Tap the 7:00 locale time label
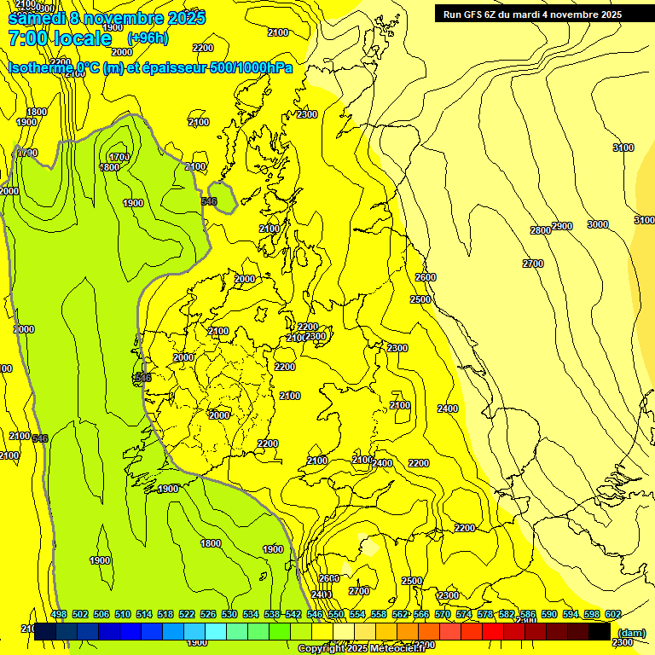pyautogui.click(x=60, y=38)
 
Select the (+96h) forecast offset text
pyautogui.click(x=148, y=38)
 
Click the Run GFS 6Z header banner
pyautogui.click(x=532, y=14)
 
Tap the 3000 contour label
pyautogui.click(x=597, y=224)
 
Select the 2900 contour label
pyautogui.click(x=561, y=226)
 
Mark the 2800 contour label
pyautogui.click(x=540, y=231)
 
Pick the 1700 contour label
pyautogui.click(x=119, y=157)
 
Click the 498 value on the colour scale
pyautogui.click(x=59, y=615)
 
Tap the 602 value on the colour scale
pyautogui.click(x=612, y=615)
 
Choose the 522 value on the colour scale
pyautogui.click(x=187, y=615)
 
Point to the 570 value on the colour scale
pyautogui.click(x=442, y=615)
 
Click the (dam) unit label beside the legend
pyautogui.click(x=631, y=632)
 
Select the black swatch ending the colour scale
pyautogui.click(x=600, y=632)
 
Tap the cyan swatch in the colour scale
pyautogui.click(x=216, y=632)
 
